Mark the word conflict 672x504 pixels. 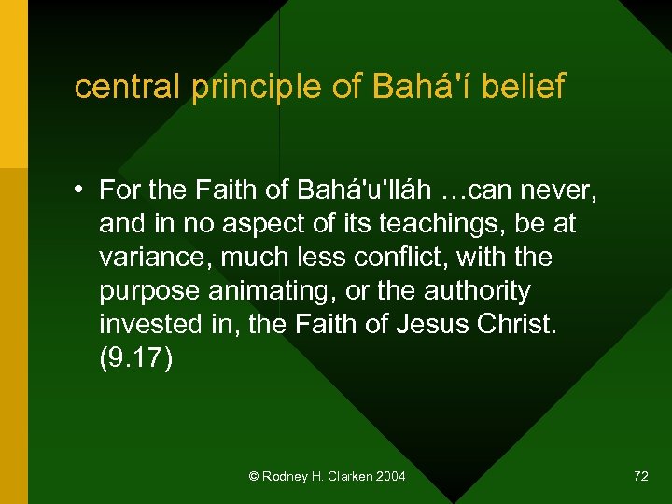387,258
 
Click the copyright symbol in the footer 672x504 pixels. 254,476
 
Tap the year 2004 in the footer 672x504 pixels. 389,476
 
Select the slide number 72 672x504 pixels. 640,476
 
